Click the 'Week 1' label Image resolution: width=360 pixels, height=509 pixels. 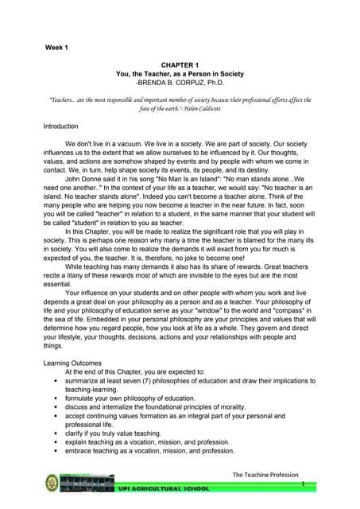56,49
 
